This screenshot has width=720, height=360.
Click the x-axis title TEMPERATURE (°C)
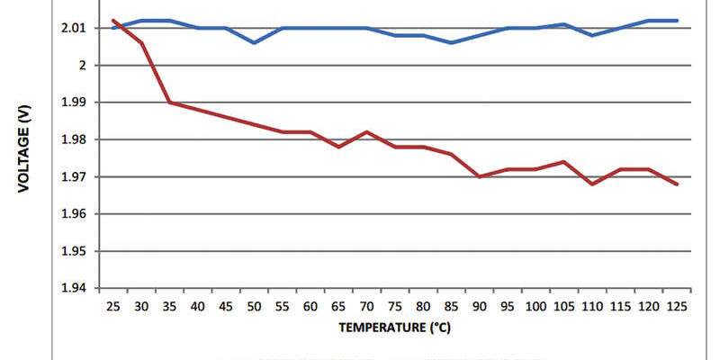(x=394, y=328)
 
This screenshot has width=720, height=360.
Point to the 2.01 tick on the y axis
(x=74, y=28)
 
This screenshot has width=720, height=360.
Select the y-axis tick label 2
(x=82, y=65)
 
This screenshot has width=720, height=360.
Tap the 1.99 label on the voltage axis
(x=74, y=103)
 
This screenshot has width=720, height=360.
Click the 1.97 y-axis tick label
(x=74, y=177)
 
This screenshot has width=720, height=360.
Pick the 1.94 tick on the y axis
(x=74, y=289)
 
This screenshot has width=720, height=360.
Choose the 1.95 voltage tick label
(x=74, y=251)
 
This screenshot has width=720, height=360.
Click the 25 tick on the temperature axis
(x=113, y=307)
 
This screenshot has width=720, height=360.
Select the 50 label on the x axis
(x=254, y=307)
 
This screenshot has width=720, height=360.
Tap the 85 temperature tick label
(x=451, y=307)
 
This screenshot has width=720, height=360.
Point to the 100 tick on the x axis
(x=535, y=307)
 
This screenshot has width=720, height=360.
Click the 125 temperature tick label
(x=676, y=307)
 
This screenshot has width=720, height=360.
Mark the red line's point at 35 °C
(x=169, y=103)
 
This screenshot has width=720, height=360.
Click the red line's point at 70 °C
(x=366, y=132)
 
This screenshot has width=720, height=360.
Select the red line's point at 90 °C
(x=479, y=176)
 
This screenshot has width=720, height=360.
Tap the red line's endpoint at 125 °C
(x=676, y=184)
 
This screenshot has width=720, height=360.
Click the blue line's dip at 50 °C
(x=254, y=42)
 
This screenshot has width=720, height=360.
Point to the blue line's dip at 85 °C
(x=451, y=42)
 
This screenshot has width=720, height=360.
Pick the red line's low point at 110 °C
(x=591, y=184)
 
